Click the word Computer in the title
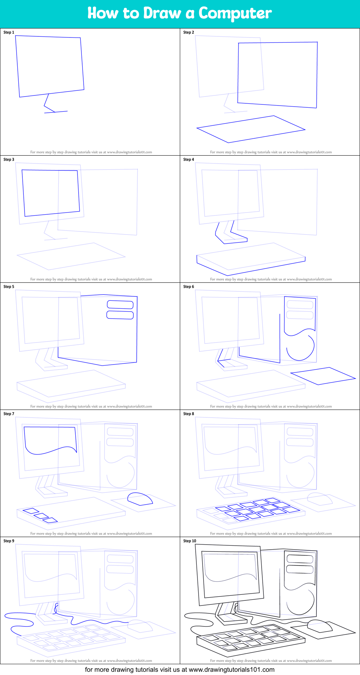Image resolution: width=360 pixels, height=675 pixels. pos(235,14)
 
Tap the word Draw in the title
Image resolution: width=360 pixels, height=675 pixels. pos(162,13)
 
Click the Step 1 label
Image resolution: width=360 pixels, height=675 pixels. pos(9,32)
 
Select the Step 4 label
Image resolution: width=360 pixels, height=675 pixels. pos(188,160)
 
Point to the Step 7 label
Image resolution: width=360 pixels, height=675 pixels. pos(9,414)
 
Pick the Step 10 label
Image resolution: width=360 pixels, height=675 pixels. pos(190,541)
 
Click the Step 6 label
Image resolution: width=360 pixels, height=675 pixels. pos(188,287)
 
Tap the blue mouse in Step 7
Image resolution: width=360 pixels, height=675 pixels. pos(140,499)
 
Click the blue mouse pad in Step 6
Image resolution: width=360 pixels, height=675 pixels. pos(323,376)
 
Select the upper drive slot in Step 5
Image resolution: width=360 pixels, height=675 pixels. pos(120,304)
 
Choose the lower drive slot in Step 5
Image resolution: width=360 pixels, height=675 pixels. pos(120,315)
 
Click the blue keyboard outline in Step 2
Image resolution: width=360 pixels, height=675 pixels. pos(251,129)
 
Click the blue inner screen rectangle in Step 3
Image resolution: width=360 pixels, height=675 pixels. pos(50,193)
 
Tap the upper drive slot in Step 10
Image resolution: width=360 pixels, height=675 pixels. pos(300,559)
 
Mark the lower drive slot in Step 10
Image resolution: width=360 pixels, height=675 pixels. pos(300,569)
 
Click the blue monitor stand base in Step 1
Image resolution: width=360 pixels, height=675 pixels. pos(56,112)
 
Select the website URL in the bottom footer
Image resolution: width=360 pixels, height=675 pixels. pos(232,670)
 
